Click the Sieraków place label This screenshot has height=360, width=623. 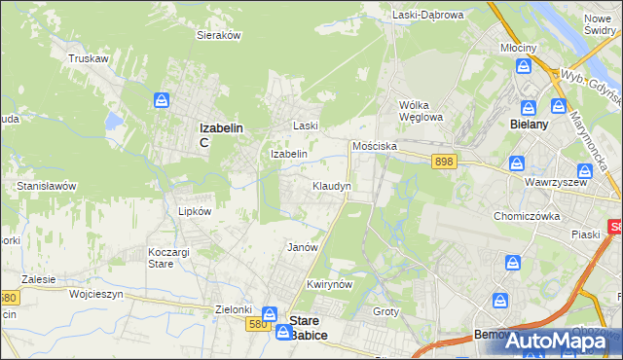coord(219,35)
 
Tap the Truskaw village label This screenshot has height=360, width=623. coord(87,58)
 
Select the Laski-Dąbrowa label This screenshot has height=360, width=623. coord(428,15)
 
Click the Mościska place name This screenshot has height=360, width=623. coord(373,145)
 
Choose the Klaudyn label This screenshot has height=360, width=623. coord(332,185)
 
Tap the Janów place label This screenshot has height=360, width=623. coord(303,247)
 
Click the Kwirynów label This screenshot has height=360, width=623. coord(328,284)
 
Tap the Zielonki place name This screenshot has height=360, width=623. coord(234,309)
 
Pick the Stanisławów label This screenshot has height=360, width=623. coord(47,185)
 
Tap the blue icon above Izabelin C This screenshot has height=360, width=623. coord(163,100)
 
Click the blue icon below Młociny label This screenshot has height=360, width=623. coord(524,66)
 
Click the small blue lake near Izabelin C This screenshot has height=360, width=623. coord(114,122)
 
